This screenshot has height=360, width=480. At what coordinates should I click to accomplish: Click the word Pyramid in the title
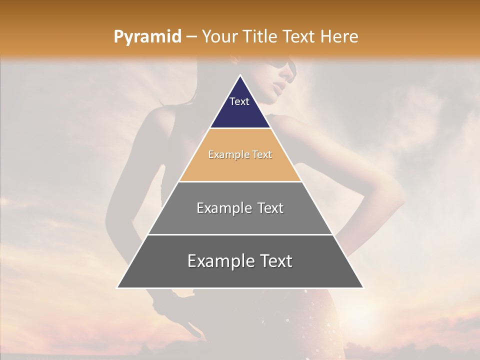tap(147, 37)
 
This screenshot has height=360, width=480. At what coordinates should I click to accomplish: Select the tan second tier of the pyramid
tap(240, 167)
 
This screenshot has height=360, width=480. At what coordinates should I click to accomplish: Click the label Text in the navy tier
tap(239, 101)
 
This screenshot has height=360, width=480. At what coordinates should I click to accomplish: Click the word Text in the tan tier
tap(262, 155)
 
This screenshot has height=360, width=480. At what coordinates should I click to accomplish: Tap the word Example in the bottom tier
tap(220, 261)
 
